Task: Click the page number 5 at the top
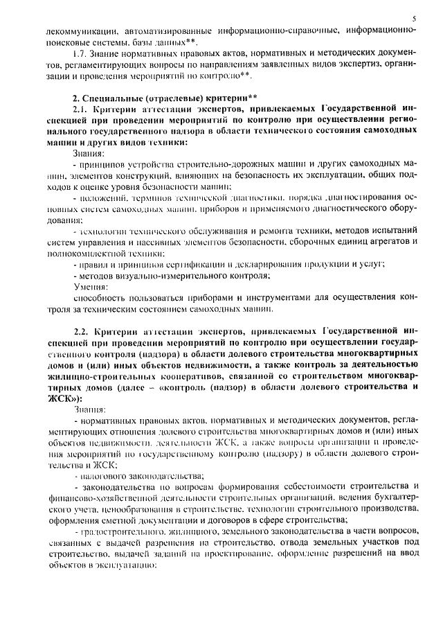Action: point(414,19)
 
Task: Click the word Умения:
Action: point(89,286)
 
